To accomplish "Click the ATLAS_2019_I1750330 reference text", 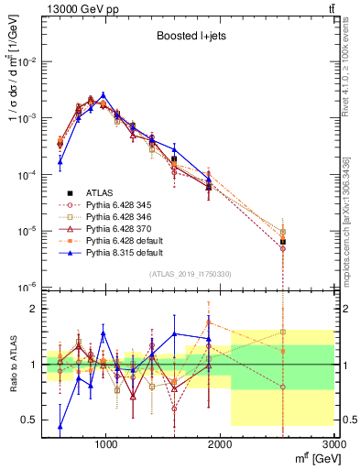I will tap(191, 274).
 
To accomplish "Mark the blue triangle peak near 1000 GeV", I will tap(104, 94).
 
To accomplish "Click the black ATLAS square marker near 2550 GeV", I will tap(283, 242).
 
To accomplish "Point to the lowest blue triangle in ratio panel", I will tap(60, 426).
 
